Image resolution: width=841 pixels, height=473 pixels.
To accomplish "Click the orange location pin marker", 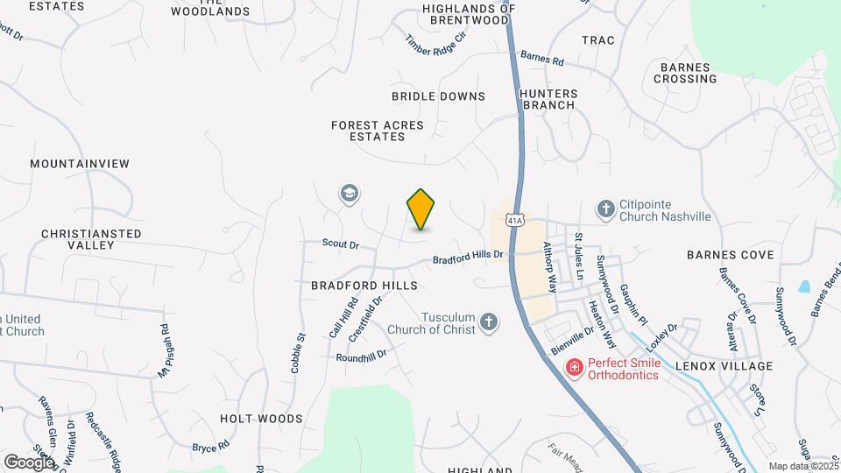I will (420, 209).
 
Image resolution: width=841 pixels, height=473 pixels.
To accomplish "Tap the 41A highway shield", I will (518, 220).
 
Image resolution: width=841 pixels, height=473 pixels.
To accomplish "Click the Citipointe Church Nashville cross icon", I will (605, 208).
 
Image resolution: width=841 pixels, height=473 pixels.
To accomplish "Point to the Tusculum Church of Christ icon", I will (489, 324).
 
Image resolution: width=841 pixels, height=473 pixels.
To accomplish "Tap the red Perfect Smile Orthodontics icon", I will (574, 366).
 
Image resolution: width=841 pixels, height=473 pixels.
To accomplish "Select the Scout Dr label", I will (341, 244).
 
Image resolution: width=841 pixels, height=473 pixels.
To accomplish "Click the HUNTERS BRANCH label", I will (548, 99).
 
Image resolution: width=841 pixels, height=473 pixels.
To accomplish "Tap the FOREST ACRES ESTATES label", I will (377, 131).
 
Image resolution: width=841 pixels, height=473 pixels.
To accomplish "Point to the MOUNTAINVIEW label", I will (79, 164).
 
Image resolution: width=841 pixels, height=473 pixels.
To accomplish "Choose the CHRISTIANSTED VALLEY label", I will (91, 239).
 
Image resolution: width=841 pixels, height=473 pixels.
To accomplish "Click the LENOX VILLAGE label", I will (724, 366).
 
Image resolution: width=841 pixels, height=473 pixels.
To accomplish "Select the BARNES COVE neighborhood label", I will (730, 255).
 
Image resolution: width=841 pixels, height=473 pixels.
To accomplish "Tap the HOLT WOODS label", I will (261, 419).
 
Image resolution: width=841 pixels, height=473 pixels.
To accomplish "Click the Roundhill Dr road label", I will (361, 357).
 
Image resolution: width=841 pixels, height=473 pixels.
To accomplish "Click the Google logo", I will (28, 461).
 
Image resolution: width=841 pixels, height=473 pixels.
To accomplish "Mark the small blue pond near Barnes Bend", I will (804, 286).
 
